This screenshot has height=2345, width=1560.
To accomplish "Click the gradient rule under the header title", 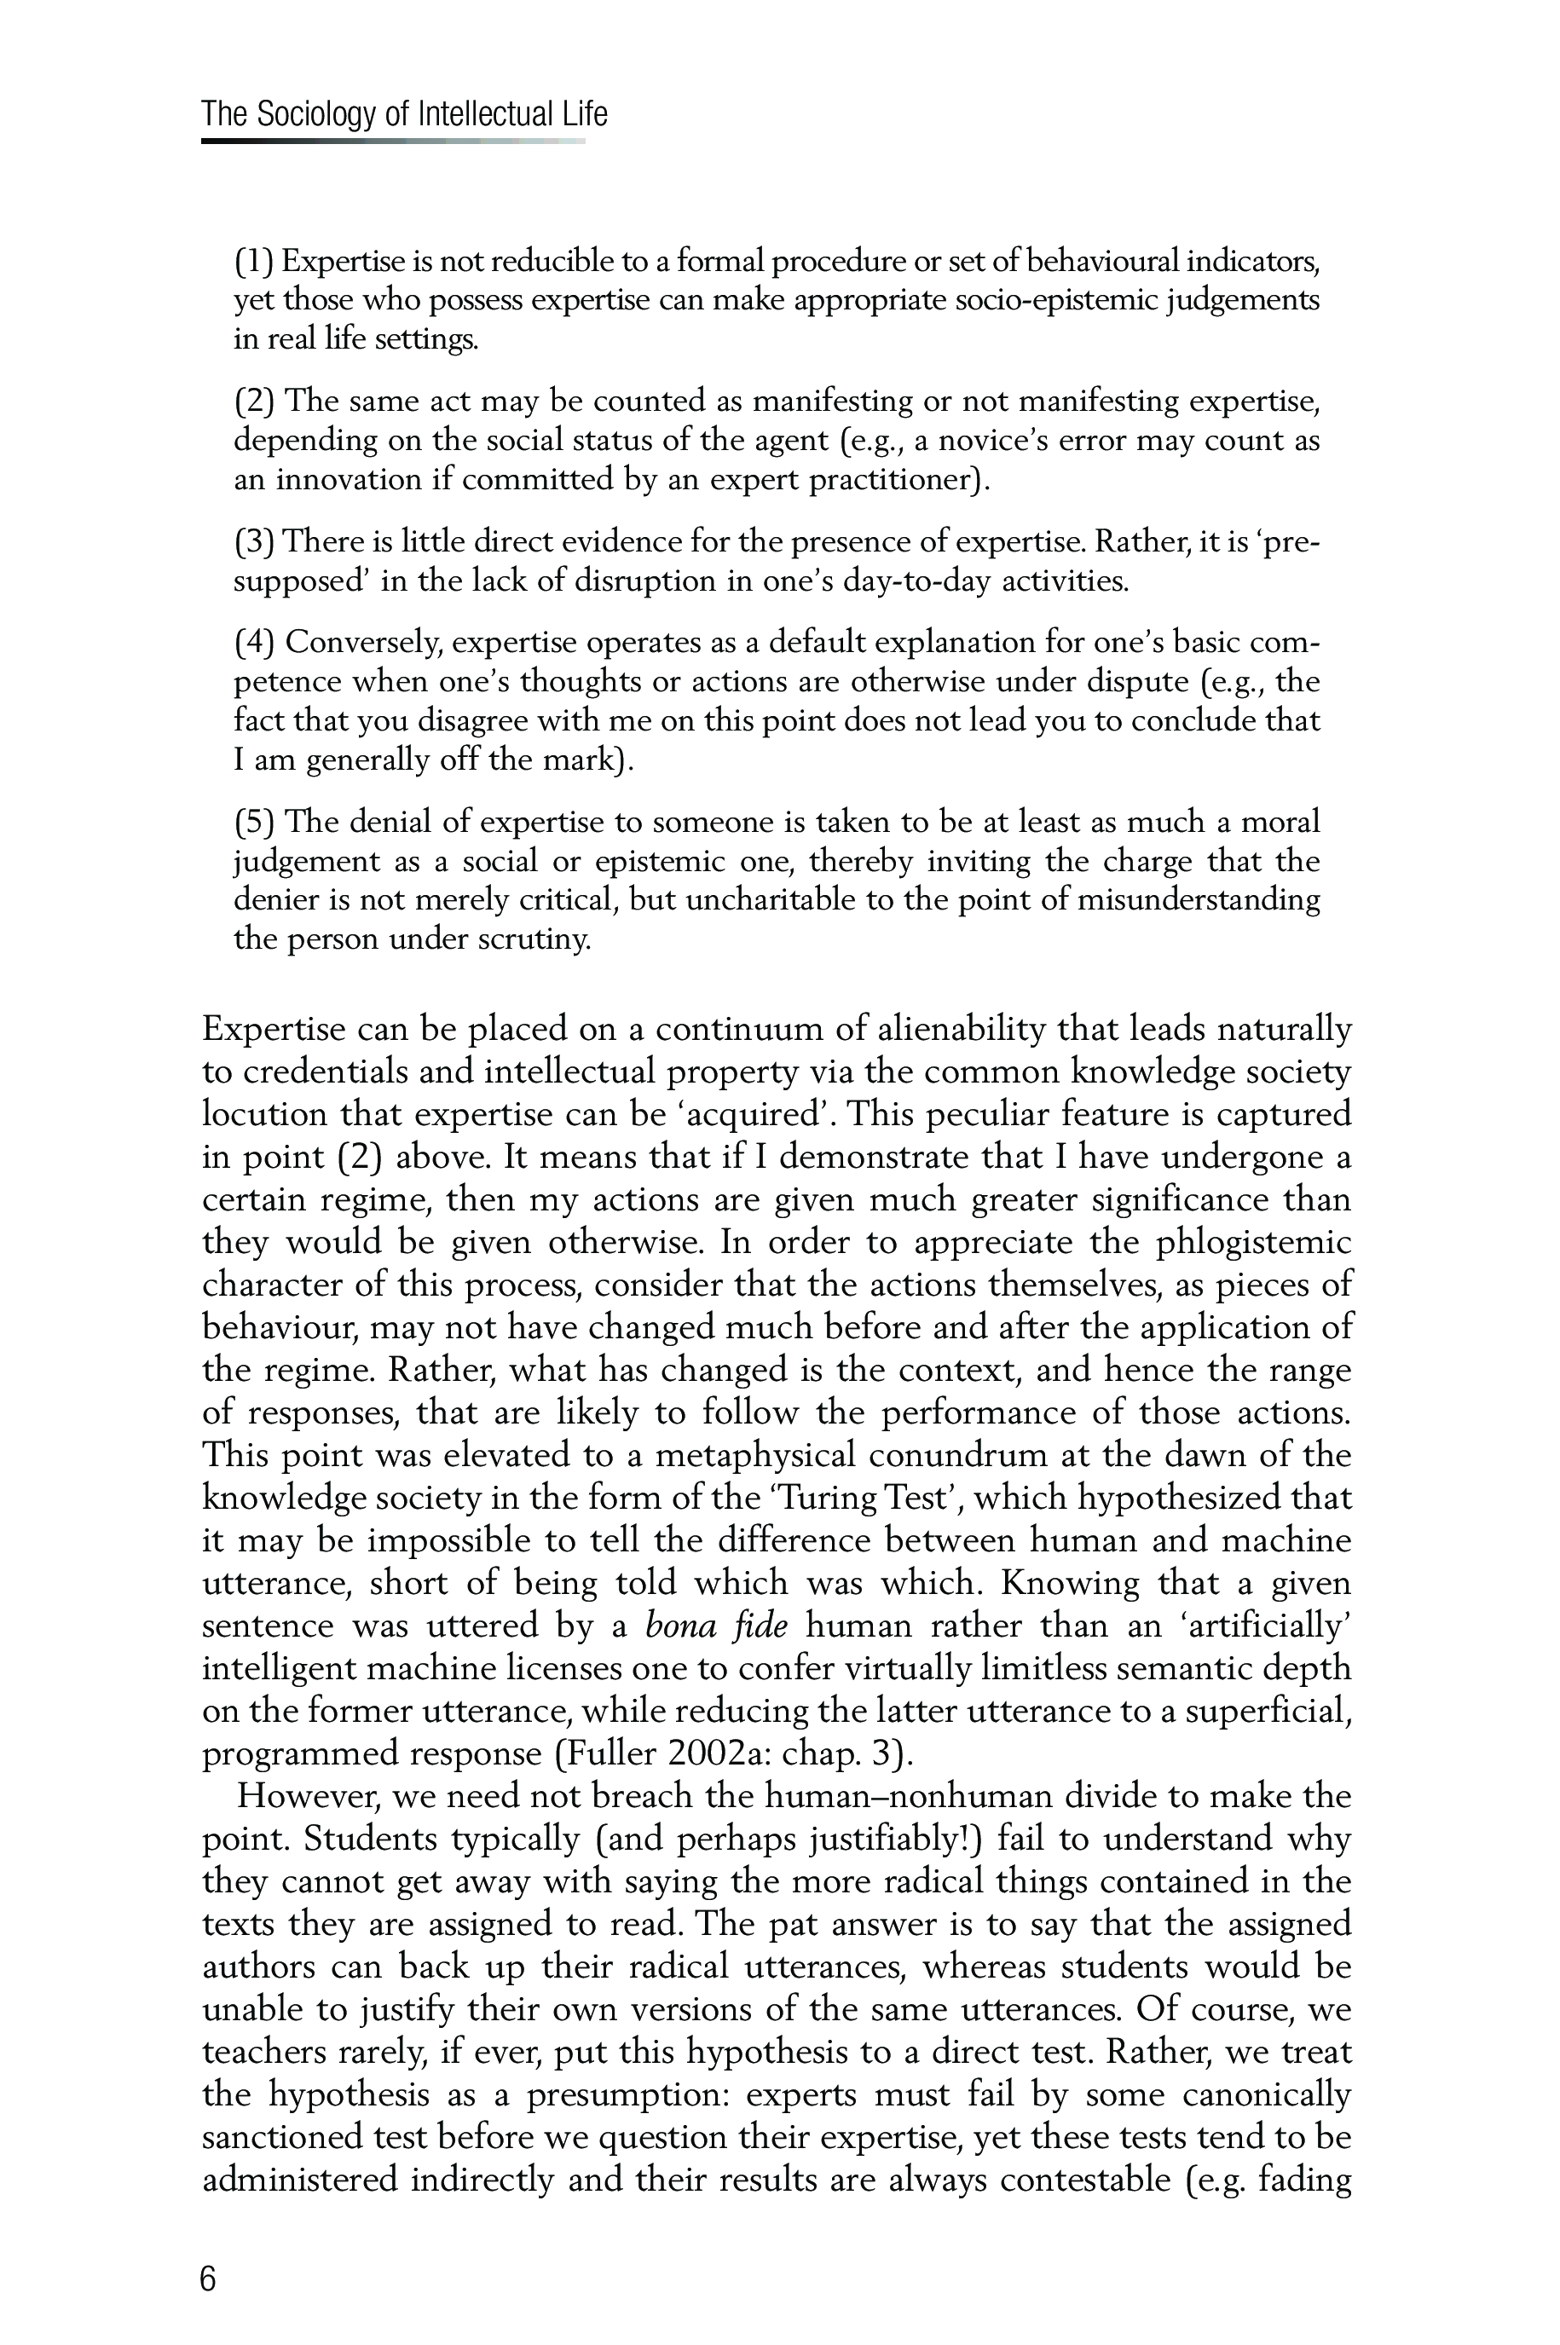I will pos(393,142).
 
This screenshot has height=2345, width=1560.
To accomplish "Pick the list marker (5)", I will pos(255,822).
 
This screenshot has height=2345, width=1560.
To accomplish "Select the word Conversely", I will pos(362,643).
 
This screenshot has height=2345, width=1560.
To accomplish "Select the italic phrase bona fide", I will pos(717,1626).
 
